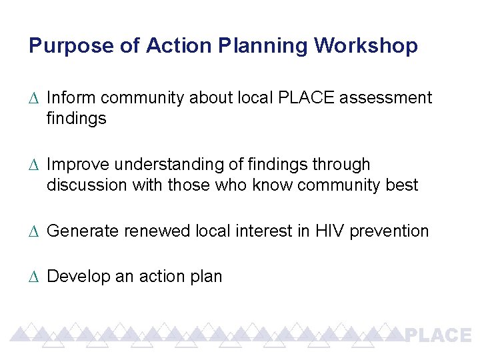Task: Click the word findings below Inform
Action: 76,119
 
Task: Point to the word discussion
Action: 86,185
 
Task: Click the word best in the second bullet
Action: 402,185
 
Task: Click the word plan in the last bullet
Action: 206,276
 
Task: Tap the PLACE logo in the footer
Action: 438,335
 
